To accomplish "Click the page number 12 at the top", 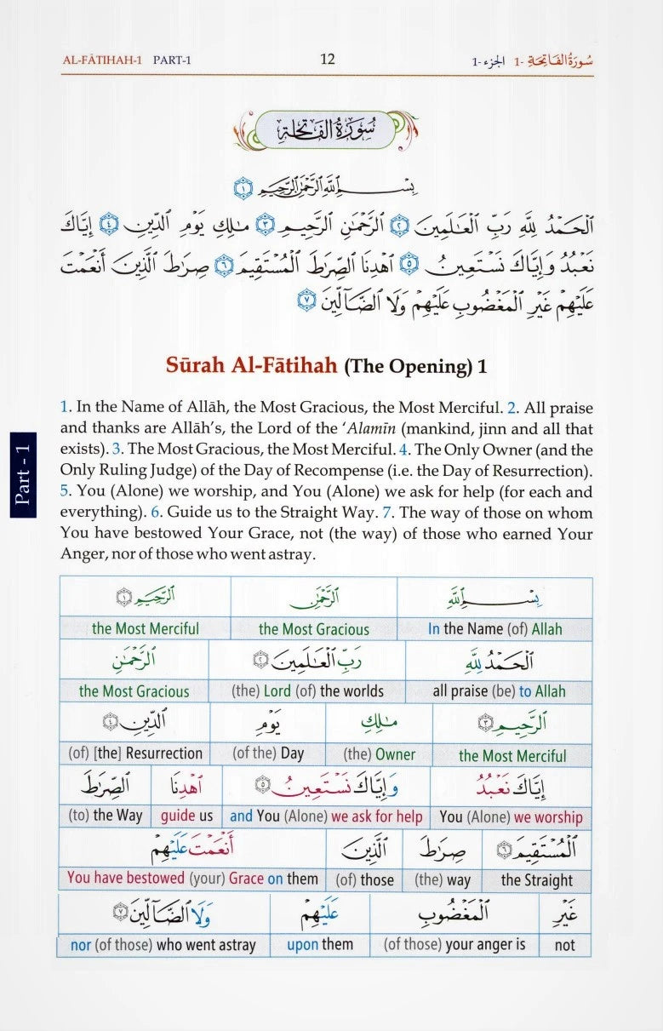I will pyautogui.click(x=328, y=59).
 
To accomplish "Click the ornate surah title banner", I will pyautogui.click(x=328, y=133).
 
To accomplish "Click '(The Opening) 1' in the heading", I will pyautogui.click(x=415, y=367).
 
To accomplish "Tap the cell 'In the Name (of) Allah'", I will pyautogui.click(x=494, y=629).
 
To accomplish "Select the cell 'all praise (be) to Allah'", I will pyautogui.click(x=499, y=691).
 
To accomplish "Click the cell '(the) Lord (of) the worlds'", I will pyautogui.click(x=307, y=691).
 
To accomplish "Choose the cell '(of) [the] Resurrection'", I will pyautogui.click(x=134, y=753).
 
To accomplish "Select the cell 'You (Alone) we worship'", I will pyautogui.click(x=511, y=816).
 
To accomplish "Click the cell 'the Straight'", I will pyautogui.click(x=537, y=880).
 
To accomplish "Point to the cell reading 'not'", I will pyautogui.click(x=564, y=944).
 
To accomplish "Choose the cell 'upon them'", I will pyautogui.click(x=320, y=944).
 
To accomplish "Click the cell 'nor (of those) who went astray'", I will pyautogui.click(x=163, y=944).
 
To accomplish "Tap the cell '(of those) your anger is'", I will pyautogui.click(x=454, y=944).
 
